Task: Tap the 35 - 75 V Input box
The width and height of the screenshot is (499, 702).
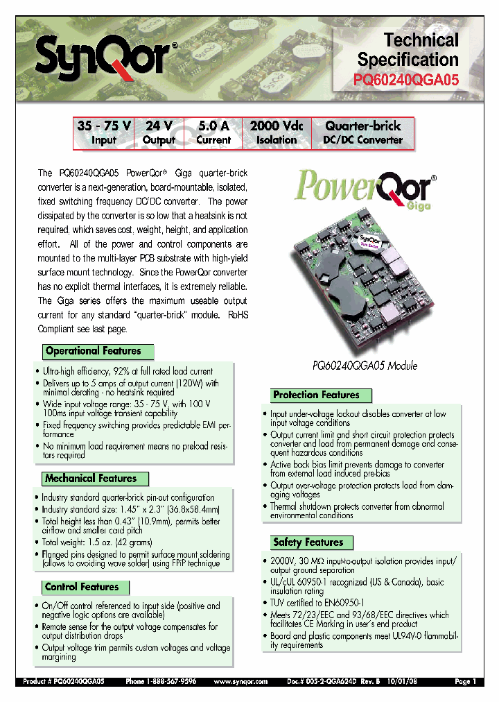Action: (x=104, y=132)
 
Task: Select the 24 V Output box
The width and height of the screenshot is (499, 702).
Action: (x=159, y=132)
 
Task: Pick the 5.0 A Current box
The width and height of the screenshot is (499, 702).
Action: (x=213, y=132)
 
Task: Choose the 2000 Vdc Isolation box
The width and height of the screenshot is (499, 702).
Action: (x=276, y=132)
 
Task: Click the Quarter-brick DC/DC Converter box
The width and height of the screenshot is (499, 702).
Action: (x=362, y=132)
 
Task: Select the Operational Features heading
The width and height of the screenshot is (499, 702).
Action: (x=94, y=351)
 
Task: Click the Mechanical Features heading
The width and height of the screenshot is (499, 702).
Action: (x=91, y=478)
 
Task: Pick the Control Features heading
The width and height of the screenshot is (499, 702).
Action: (x=82, y=587)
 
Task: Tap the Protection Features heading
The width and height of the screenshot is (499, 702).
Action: (x=316, y=395)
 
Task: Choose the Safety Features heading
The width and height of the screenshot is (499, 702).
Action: (x=308, y=542)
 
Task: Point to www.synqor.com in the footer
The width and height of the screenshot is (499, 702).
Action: (x=240, y=682)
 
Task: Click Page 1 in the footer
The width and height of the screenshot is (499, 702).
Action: (x=465, y=682)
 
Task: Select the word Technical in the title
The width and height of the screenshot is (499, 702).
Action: (x=421, y=40)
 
